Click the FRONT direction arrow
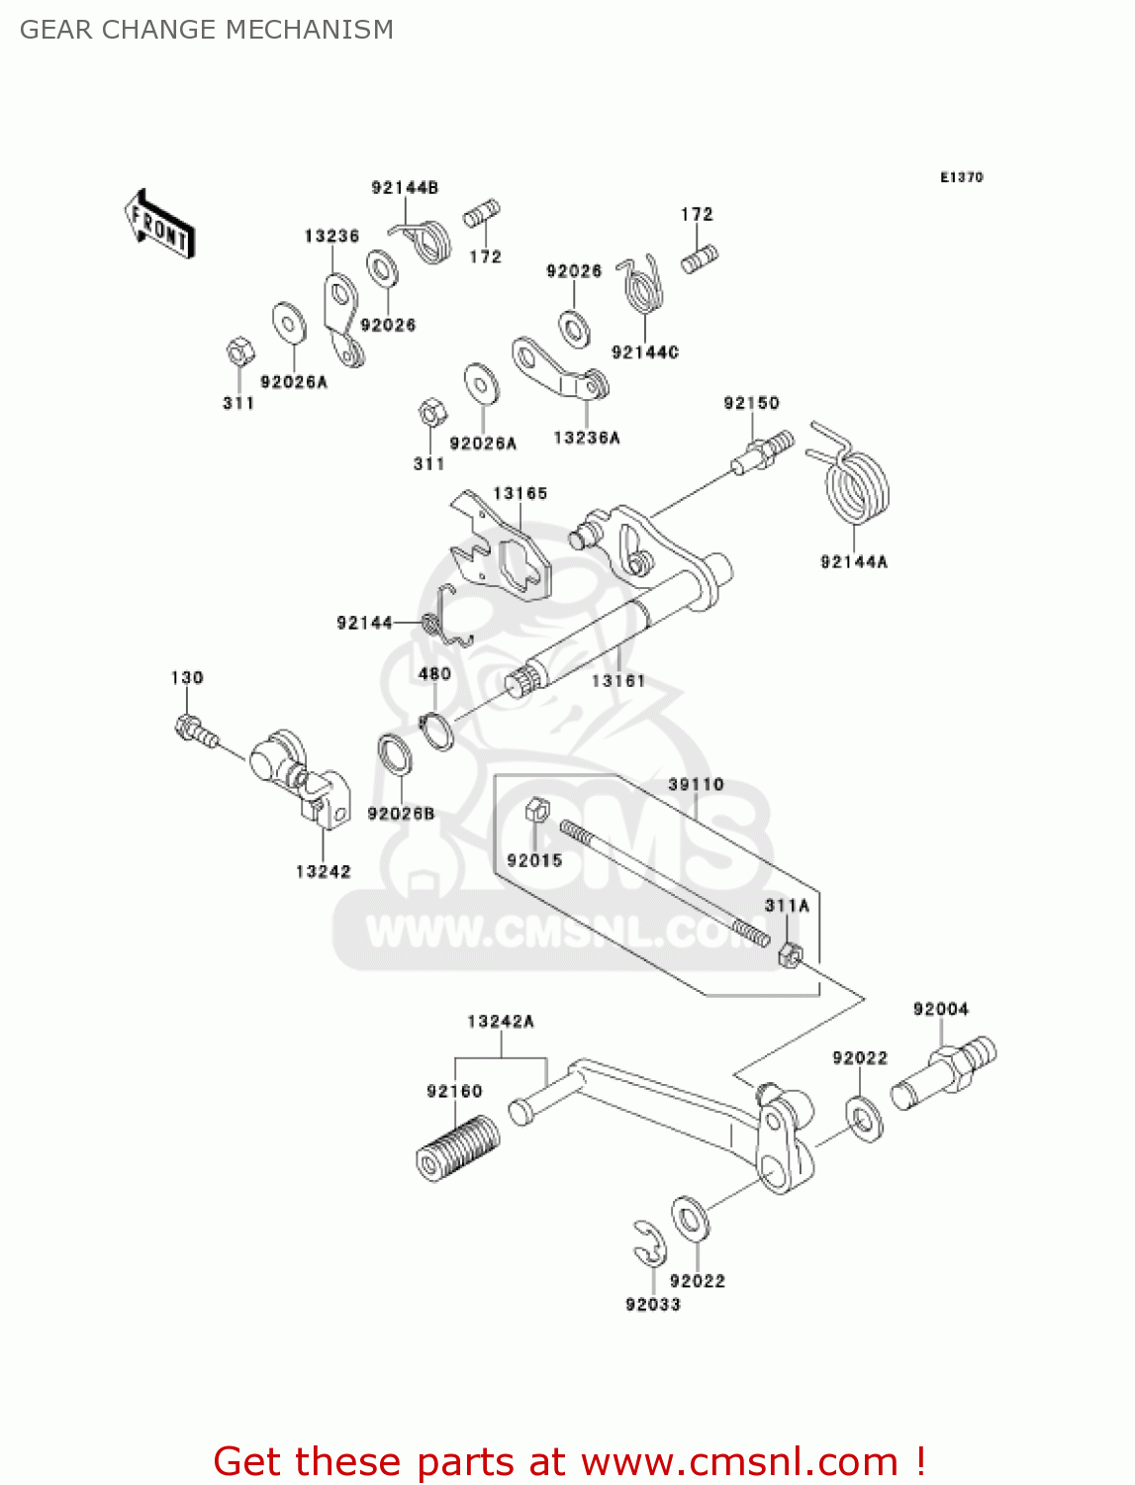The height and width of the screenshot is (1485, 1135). point(159,225)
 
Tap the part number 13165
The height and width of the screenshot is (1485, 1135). point(520,493)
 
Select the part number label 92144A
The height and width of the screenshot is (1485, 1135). point(853,562)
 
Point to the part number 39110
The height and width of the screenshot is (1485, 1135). point(696,784)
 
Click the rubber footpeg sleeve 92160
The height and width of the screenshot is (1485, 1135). point(457,1147)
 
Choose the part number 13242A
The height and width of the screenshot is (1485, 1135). point(500,1022)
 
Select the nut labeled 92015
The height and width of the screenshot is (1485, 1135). point(535,810)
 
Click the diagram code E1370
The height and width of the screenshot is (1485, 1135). point(961,177)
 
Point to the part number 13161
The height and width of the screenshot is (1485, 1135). point(617,681)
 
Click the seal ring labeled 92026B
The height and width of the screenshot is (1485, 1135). point(396,756)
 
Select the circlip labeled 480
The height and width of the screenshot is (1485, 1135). point(436,731)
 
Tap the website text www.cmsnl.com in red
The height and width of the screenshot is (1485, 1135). point(739,1461)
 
